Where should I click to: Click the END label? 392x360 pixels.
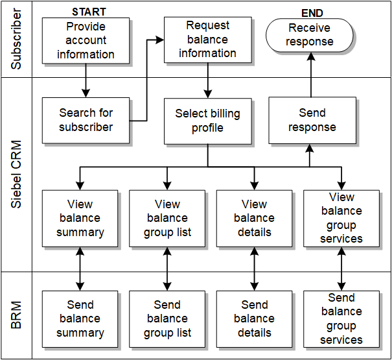(312, 13)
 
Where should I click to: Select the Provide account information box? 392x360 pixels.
(86, 41)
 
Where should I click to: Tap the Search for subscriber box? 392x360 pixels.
(86, 121)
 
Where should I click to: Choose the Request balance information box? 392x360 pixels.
(207, 40)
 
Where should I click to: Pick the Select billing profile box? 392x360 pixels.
(207, 121)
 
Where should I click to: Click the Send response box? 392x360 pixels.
(312, 121)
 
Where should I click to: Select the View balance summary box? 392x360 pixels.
(80, 219)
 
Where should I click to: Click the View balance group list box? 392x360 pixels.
(167, 219)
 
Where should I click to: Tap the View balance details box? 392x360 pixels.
(254, 219)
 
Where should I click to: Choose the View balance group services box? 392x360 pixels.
(341, 219)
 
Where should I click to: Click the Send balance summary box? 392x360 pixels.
(80, 318)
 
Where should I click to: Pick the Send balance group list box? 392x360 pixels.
(167, 318)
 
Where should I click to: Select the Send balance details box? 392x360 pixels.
(254, 318)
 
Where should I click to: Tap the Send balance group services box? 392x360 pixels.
(341, 318)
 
